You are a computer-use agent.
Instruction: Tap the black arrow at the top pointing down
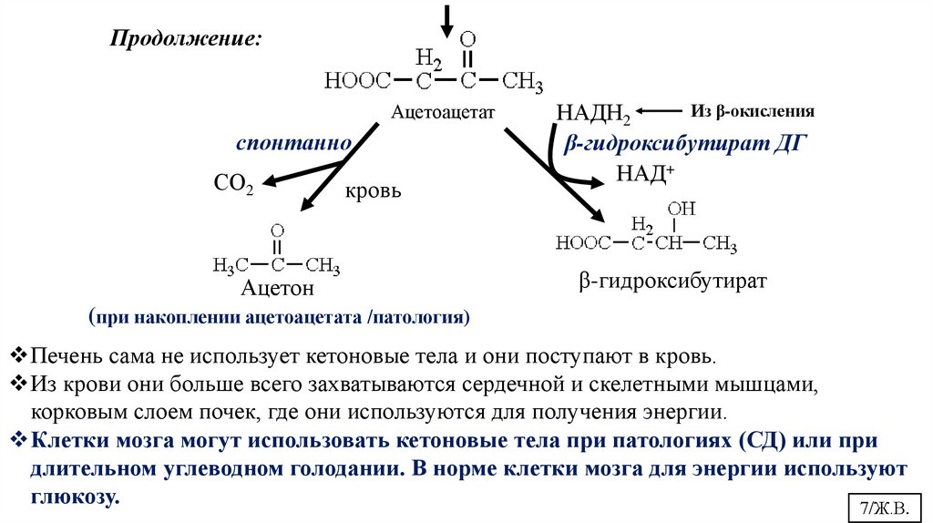pyautogui.click(x=446, y=18)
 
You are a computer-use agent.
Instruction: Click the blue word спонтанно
pyautogui.click(x=294, y=144)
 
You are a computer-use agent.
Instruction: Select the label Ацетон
pyautogui.click(x=277, y=290)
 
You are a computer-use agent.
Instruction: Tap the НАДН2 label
pyautogui.click(x=592, y=113)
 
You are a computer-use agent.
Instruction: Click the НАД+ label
pyautogui.click(x=645, y=172)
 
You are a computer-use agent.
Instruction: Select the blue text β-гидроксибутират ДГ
pyautogui.click(x=687, y=144)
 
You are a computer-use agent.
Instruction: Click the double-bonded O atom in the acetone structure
pyautogui.click(x=278, y=231)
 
